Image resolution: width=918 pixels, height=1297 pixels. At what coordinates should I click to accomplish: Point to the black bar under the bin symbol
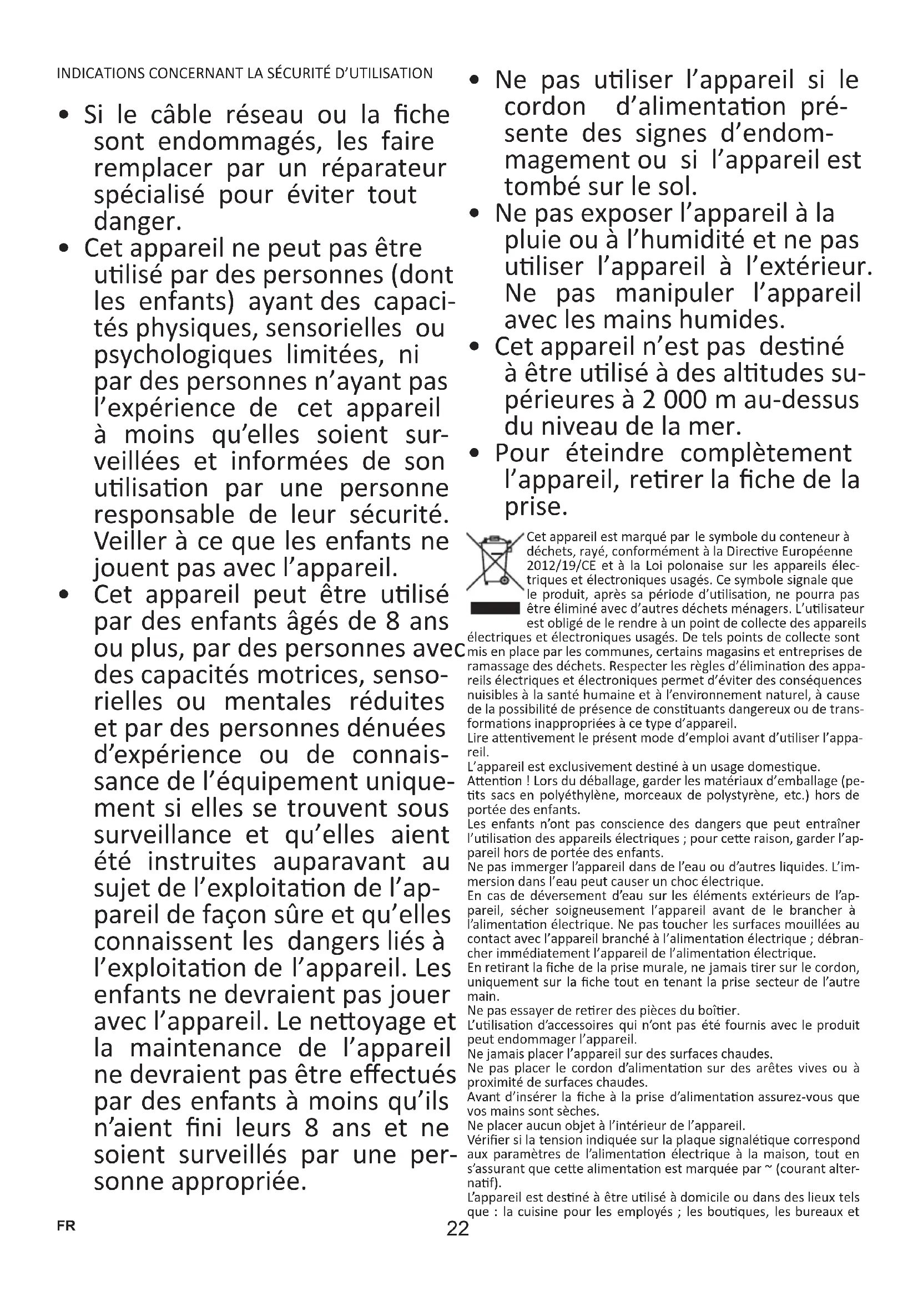click(x=495, y=608)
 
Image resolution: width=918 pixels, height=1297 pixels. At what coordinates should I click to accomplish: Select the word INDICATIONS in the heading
click(x=93, y=73)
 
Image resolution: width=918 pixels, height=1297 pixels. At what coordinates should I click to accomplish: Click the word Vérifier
click(x=489, y=1140)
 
